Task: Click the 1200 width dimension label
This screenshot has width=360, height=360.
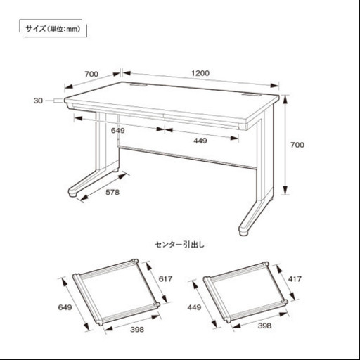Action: coord(200,73)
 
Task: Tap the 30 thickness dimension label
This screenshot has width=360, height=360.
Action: coord(38,101)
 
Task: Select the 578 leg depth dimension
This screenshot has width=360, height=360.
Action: coord(112,192)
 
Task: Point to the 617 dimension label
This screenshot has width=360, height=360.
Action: coord(165,279)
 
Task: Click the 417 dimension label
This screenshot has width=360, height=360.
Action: coord(295,279)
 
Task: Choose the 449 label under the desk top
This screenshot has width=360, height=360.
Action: coord(200,141)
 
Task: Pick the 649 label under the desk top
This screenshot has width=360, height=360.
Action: coord(118,131)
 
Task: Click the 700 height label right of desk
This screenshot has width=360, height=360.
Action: coord(297,145)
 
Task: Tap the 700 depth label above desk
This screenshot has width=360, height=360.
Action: coord(91,74)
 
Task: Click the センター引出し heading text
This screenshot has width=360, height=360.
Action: coord(180,245)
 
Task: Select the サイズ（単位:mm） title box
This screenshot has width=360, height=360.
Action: coord(53,29)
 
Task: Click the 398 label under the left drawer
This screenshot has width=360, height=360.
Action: coord(137,330)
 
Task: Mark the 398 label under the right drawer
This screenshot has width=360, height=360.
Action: coord(264,326)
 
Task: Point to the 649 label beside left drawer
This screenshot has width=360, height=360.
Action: coord(65,307)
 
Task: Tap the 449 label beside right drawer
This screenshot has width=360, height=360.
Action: coord(194,307)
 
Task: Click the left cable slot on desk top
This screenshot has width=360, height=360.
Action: coord(139,84)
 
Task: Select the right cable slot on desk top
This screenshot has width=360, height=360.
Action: coord(252,95)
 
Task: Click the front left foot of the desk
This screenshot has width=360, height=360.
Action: coord(73,193)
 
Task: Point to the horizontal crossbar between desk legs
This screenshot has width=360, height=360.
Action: coord(188,157)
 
